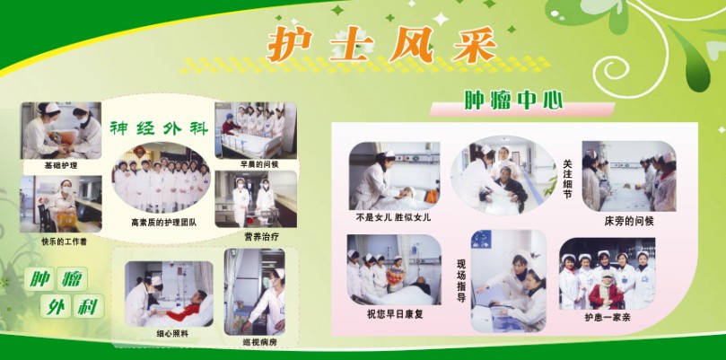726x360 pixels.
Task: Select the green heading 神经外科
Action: [159, 128]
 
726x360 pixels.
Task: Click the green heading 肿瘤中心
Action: [514, 100]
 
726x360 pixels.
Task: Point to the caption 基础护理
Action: [61, 165]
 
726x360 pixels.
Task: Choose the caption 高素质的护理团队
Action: [163, 223]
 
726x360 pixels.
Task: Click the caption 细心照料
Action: [172, 333]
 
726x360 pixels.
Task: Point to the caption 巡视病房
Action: [259, 343]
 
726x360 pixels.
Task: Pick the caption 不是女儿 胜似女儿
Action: [393, 217]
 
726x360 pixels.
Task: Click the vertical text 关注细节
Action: [568, 179]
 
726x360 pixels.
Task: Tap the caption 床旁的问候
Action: [629, 221]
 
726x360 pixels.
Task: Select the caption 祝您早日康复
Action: [395, 314]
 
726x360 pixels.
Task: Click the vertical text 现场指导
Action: [461, 281]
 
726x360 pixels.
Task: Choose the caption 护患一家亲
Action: [607, 318]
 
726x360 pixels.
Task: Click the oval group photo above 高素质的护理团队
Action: [162, 179]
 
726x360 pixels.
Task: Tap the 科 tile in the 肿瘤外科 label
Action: [89, 306]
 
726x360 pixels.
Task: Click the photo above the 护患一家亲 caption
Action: [607, 273]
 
